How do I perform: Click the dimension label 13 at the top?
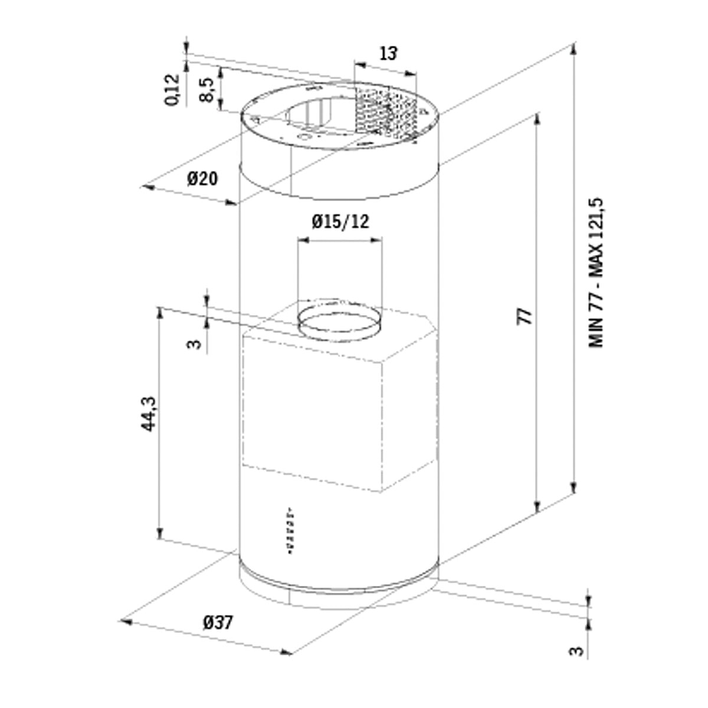388,54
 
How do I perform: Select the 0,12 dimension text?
172,90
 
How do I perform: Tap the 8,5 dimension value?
207,90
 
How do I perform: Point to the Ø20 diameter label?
202,179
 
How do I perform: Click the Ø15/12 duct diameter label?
340,222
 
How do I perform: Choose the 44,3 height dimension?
149,414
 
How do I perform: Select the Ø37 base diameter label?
218,623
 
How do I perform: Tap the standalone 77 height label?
525,317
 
